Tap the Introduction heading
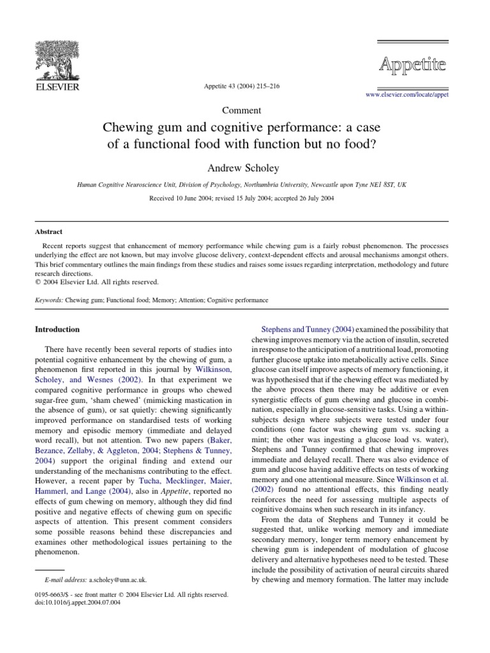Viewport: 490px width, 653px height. coord(57,330)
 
